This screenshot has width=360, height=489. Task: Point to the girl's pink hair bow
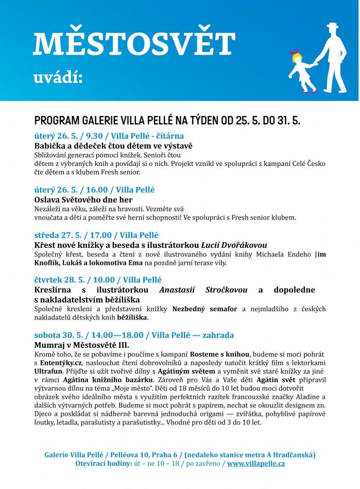point(295,53)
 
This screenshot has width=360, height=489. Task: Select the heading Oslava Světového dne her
point(83,199)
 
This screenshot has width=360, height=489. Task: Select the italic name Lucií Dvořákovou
point(234,245)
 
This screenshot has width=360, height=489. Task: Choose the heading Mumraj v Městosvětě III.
point(81,345)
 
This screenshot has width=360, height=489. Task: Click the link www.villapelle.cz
point(255,463)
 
